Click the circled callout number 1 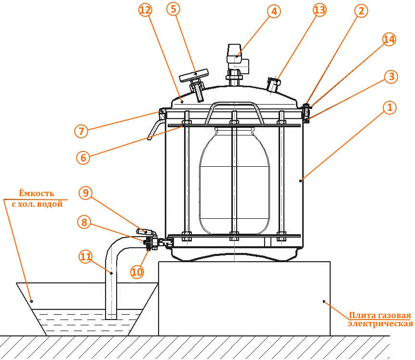click(389, 107)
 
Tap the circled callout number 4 click(274, 12)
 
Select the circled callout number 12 click(145, 10)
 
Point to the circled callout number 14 click(389, 39)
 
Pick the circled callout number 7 click(81, 131)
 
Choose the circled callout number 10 click(137, 272)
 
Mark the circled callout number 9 click(85, 193)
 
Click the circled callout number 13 click(320, 10)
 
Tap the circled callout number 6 click(83, 158)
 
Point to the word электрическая click(380, 324)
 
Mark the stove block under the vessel click(244, 298)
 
